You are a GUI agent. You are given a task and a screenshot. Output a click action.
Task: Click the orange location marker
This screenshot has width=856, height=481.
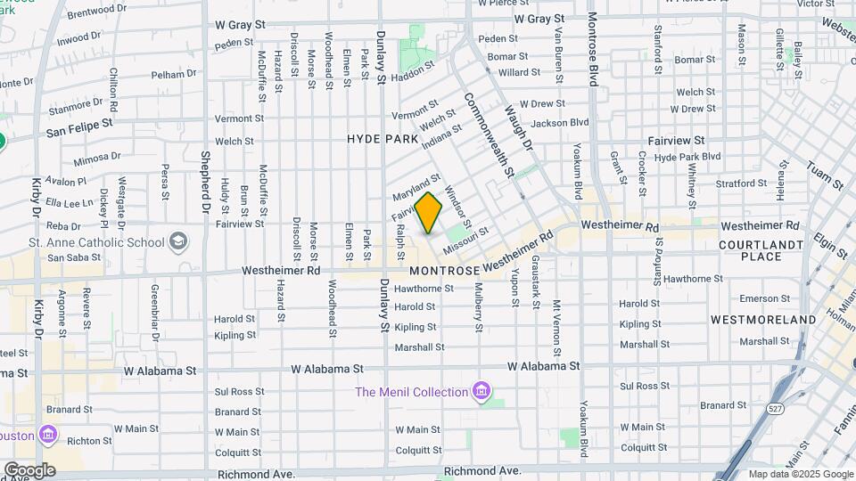(x=429, y=213)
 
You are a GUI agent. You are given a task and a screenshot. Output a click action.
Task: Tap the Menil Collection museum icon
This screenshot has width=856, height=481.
(x=481, y=391)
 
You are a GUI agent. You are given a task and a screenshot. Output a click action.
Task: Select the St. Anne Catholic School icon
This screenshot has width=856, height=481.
(x=178, y=241)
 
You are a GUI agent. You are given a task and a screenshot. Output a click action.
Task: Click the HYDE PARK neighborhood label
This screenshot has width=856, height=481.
(x=382, y=139)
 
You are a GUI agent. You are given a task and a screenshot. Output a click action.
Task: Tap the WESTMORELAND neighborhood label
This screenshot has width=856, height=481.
(x=763, y=319)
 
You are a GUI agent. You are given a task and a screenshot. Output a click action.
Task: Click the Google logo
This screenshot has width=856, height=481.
(x=29, y=469)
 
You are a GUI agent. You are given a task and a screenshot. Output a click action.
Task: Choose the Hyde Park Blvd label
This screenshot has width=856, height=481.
(x=687, y=157)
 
